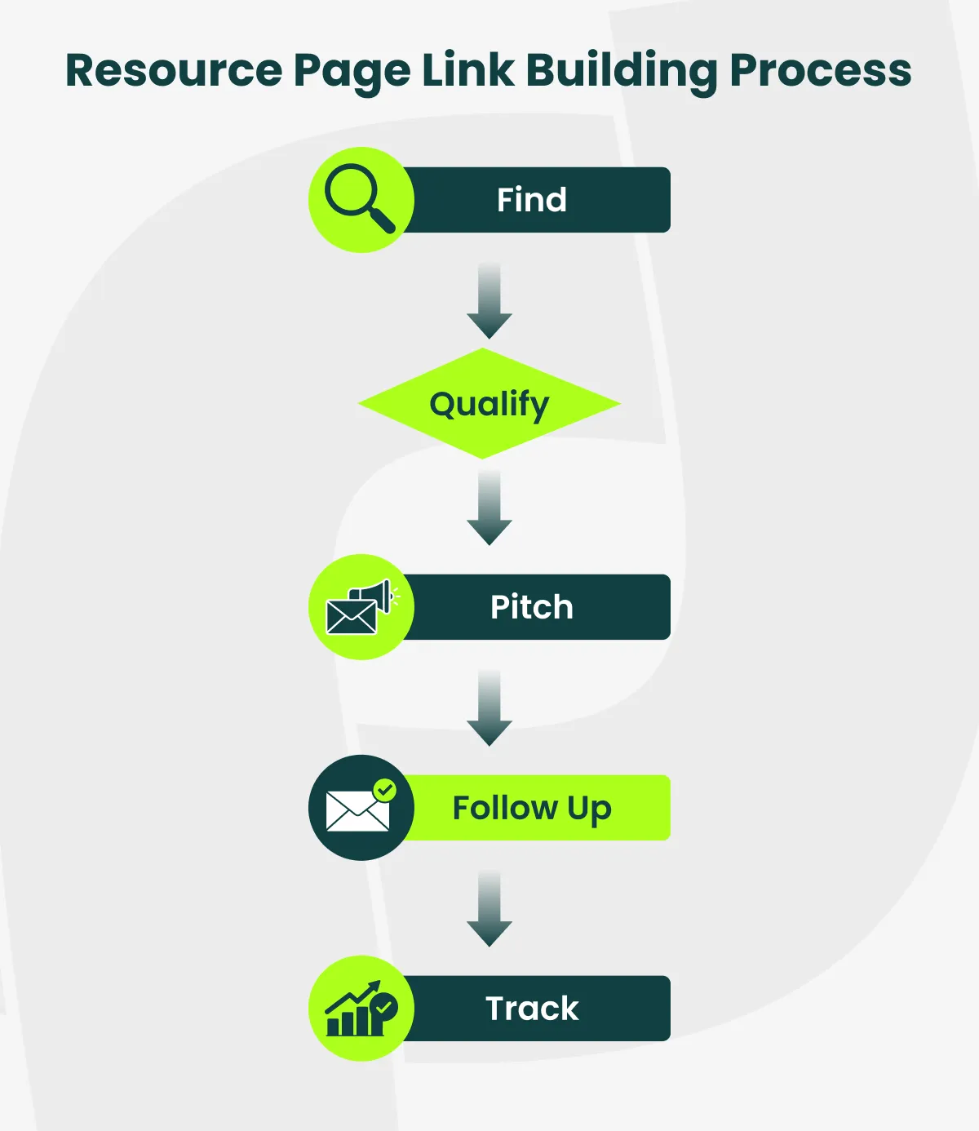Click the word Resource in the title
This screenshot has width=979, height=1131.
[x=174, y=70]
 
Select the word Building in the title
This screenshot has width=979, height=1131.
[x=622, y=72]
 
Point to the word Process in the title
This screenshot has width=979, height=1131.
[x=820, y=70]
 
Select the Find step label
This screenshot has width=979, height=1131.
[x=532, y=200]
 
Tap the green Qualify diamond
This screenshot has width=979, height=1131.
[x=489, y=404]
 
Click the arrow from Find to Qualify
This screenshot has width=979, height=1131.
[x=489, y=301]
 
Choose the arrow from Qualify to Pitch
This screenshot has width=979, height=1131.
[x=489, y=508]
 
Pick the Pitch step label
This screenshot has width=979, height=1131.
[x=532, y=607]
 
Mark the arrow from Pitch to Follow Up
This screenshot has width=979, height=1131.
[x=489, y=708]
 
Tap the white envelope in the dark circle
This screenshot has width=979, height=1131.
[x=357, y=811]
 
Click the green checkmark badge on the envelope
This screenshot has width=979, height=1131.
[x=384, y=790]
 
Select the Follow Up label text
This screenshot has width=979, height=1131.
[x=532, y=808]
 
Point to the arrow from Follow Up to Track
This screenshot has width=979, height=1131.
[x=489, y=909]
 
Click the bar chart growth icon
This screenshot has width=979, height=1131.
[x=360, y=1009]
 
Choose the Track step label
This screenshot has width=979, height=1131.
[x=532, y=1009]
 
